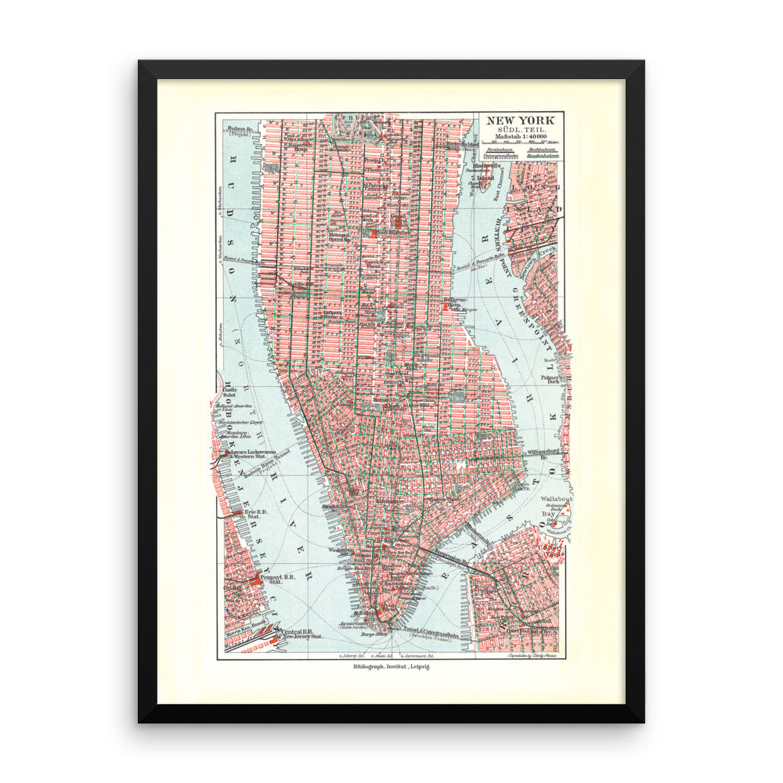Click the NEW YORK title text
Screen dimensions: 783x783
pyautogui.click(x=520, y=121)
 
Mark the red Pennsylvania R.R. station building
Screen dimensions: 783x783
pyautogui.click(x=258, y=580)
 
